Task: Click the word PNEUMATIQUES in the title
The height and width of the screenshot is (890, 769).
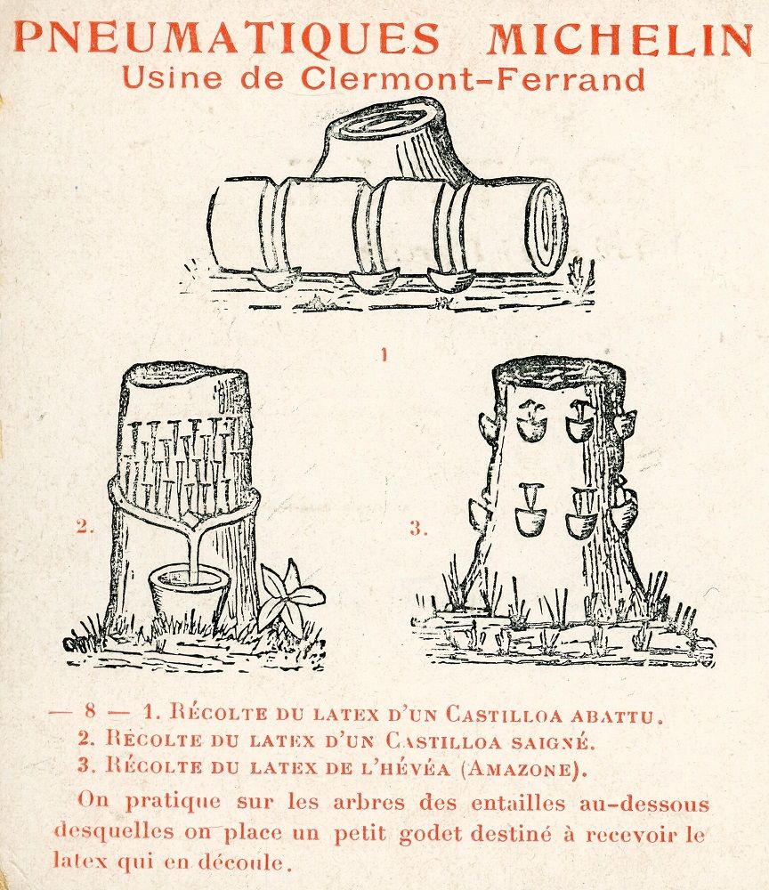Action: pos(227,38)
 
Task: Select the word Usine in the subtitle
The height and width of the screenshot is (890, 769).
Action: pos(172,77)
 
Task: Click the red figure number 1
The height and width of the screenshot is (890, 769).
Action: pos(384,355)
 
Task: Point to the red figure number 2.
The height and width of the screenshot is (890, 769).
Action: pos(85,527)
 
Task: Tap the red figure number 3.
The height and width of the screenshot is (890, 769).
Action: pos(418,529)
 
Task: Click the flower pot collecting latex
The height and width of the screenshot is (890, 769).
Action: pos(190,595)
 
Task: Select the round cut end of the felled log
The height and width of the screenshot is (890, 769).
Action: pos(547,226)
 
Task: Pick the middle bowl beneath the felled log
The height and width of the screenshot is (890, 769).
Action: pos(374,281)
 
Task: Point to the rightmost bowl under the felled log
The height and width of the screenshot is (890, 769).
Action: pos(451,279)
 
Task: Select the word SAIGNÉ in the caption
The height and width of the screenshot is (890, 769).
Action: pos(553,742)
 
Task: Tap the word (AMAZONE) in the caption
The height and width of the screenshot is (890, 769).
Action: pos(522,769)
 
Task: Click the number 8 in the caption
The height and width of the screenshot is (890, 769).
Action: pos(90,710)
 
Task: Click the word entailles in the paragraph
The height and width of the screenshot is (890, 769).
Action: pos(518,803)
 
